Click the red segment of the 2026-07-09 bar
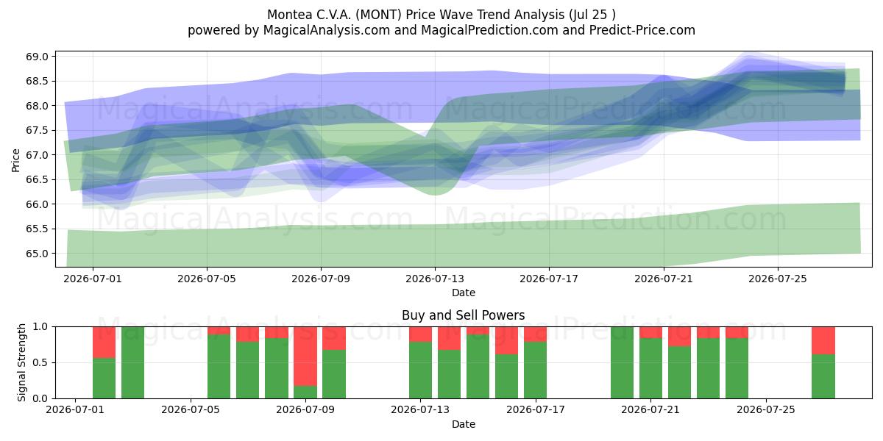click(305, 356)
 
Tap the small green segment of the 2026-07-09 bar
click(305, 392)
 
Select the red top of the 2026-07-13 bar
click(420, 334)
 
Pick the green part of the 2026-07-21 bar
click(650, 368)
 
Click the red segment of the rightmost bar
click(823, 340)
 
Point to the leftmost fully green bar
click(132, 362)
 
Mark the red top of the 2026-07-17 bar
click(536, 334)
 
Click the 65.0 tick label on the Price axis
click(37, 254)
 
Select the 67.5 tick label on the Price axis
click(37, 130)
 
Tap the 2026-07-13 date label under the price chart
click(435, 279)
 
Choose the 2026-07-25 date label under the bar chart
click(766, 410)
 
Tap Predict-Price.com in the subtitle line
click(642, 30)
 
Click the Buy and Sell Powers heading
click(463, 315)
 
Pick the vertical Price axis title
click(15, 160)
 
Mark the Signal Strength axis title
click(21, 362)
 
